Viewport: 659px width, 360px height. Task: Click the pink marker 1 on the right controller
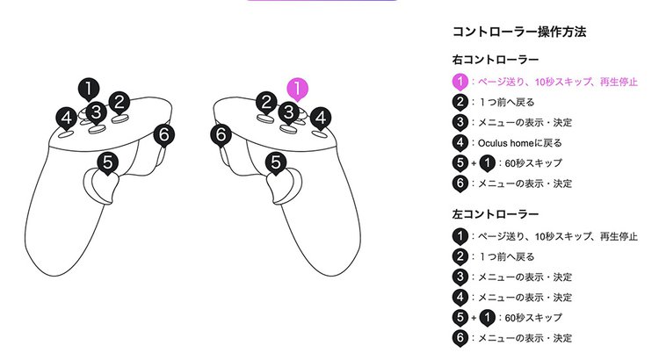coord(300,89)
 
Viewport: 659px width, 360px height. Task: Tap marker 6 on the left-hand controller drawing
coord(164,135)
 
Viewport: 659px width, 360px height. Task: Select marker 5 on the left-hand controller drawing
coord(107,162)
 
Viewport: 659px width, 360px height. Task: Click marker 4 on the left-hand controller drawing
coord(65,117)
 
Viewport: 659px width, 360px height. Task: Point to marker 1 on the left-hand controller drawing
coord(88,88)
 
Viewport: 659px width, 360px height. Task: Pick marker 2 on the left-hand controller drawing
coord(120,102)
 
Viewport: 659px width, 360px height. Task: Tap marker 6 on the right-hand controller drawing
coord(222,135)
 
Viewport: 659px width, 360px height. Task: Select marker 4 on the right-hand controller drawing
coord(322,117)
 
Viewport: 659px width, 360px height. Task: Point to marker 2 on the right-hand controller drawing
coord(267,102)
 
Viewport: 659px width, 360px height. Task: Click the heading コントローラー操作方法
coord(518,32)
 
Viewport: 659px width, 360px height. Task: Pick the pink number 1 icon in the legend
coord(460,82)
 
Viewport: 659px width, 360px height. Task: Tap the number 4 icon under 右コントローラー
coord(460,143)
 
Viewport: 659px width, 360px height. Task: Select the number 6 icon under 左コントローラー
coord(460,337)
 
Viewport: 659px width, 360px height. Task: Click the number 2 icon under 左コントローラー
coord(460,256)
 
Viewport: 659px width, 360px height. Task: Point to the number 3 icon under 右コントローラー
coord(460,123)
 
